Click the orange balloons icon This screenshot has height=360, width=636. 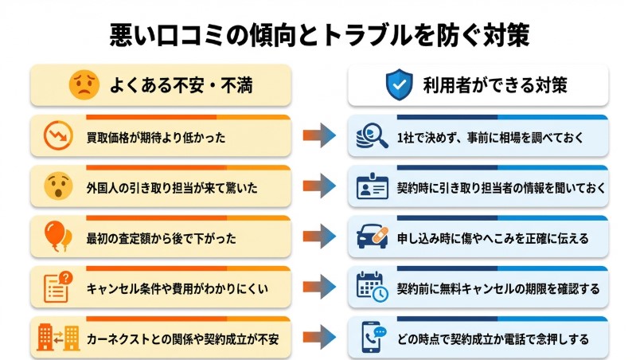tap(57, 237)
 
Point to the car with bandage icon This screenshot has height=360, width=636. tap(372, 237)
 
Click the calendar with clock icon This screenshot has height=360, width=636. tap(372, 288)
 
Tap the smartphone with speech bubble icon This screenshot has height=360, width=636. tap(372, 338)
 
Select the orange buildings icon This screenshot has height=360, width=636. tap(57, 338)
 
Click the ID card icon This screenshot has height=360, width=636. tap(372, 187)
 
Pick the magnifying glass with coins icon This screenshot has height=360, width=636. tap(372, 137)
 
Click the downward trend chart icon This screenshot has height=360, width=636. tap(57, 137)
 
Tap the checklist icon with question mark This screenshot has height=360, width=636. tap(57, 288)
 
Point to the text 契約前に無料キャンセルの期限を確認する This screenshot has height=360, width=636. tap(490, 288)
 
